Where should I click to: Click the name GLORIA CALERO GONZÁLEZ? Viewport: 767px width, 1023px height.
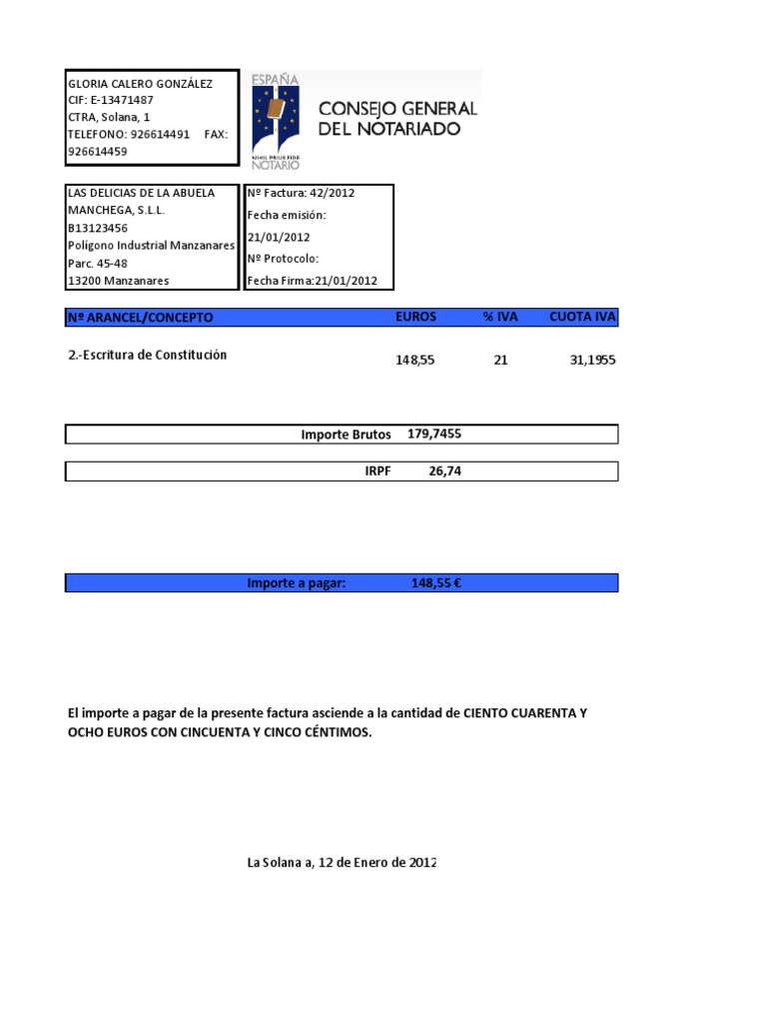tap(139, 84)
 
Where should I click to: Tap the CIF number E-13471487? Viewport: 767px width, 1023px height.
tap(122, 101)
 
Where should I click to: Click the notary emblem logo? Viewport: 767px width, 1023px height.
tap(277, 118)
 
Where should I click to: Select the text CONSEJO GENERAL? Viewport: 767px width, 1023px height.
tap(396, 108)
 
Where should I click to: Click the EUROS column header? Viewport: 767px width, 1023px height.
tap(415, 318)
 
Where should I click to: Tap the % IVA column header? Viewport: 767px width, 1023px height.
tap(500, 318)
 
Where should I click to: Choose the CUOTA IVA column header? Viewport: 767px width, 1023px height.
tap(583, 318)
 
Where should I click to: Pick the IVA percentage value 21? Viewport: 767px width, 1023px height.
tap(500, 360)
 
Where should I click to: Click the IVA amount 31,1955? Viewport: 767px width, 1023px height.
tap(592, 360)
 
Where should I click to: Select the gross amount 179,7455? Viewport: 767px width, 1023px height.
tap(434, 434)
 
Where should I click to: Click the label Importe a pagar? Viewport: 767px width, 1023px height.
tap(297, 582)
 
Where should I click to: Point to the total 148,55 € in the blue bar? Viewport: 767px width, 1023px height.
tap(435, 582)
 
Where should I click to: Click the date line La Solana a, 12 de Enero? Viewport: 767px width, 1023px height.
tap(342, 862)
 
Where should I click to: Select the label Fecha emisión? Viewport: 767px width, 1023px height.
tap(287, 215)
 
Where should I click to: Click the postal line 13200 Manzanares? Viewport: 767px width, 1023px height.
tap(118, 281)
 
